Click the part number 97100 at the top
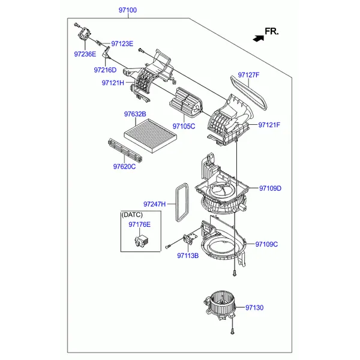click(127, 10)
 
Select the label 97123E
click(122, 44)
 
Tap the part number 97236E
click(85, 54)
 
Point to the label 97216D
click(105, 70)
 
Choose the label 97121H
click(113, 83)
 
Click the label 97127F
click(248, 75)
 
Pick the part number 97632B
click(135, 114)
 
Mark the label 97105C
click(184, 126)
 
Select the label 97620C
click(124, 166)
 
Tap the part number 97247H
click(154, 204)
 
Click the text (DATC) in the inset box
click(132, 215)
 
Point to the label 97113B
click(188, 256)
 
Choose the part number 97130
click(254, 307)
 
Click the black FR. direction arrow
click(259, 38)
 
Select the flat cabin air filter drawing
click(151, 136)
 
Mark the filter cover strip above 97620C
click(125, 150)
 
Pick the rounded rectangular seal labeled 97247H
click(183, 203)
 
